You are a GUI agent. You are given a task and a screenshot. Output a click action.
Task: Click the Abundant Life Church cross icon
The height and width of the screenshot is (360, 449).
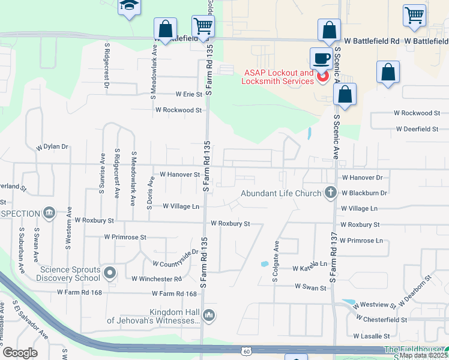tap(330, 193)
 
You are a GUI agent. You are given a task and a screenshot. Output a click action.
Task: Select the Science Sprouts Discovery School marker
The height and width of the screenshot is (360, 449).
tap(109, 274)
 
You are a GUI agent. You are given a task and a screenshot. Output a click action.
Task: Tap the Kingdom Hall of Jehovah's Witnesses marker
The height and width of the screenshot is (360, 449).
tap(209, 315)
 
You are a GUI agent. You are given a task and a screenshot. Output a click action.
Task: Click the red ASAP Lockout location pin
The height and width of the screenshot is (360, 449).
tap(322, 77)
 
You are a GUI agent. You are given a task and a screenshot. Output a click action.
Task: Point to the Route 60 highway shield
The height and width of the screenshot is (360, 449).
tap(246, 350)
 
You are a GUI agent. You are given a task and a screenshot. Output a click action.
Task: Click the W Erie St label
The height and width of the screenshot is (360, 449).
tap(188, 94)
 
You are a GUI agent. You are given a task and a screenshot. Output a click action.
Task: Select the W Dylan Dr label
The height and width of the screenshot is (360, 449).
tap(52, 147)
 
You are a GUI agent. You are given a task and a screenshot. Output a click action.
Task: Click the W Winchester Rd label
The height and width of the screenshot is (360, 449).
tap(156, 279)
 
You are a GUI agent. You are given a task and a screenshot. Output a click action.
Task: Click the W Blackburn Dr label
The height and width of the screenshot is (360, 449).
tap(364, 193)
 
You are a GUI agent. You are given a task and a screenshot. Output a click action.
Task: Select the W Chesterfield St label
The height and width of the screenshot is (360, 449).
tap(381, 320)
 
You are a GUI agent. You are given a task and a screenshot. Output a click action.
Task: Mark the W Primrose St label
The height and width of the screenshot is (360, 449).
tap(125, 237)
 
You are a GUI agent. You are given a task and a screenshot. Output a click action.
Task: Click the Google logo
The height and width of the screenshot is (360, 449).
tap(20, 353)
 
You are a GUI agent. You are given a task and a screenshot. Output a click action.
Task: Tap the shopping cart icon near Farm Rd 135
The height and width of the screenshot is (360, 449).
tap(203, 26)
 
